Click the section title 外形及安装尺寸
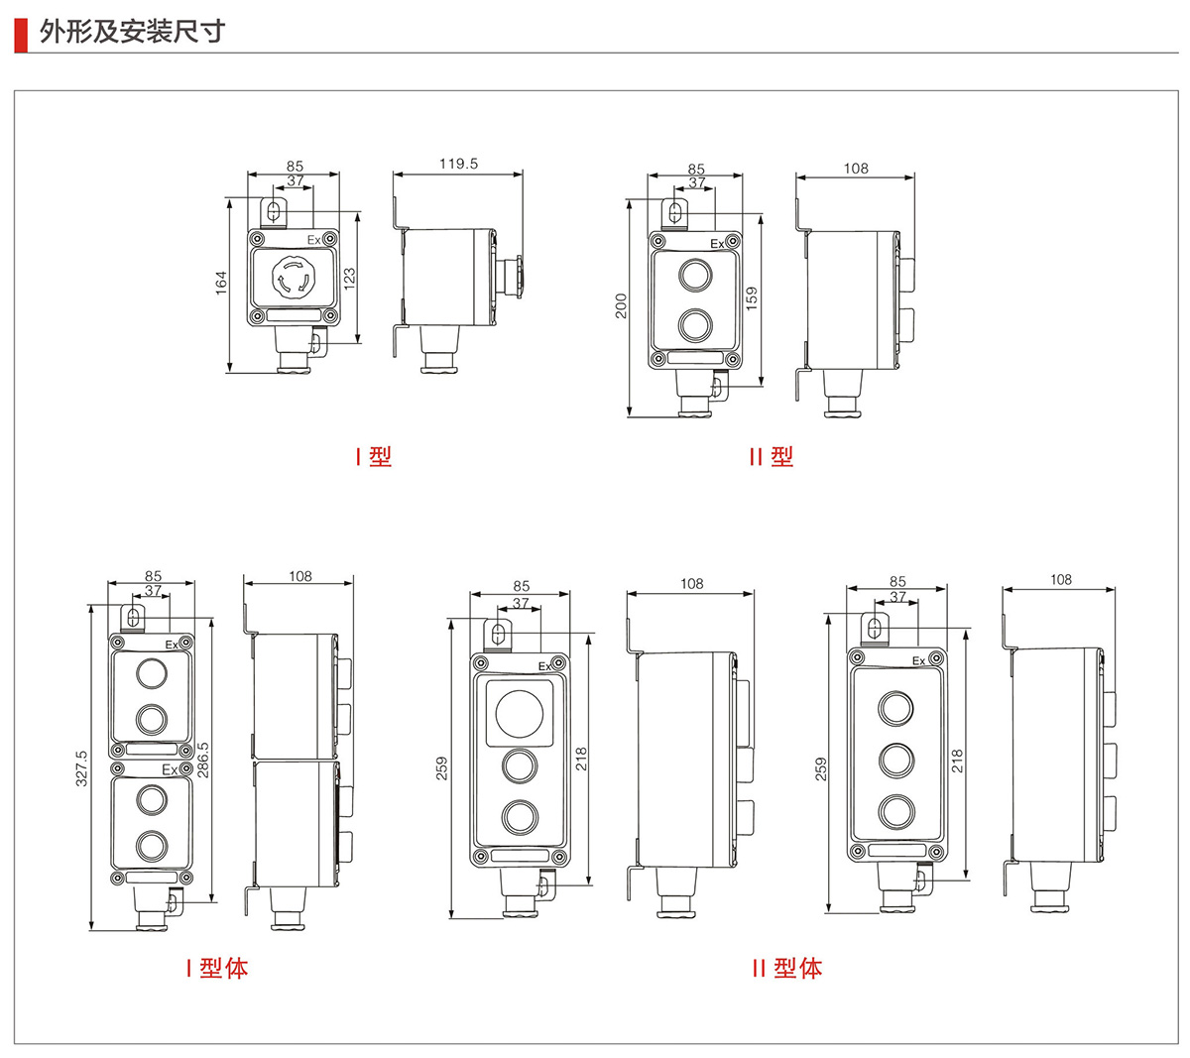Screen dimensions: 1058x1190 pos(133,32)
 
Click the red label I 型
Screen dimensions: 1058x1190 pos(374,457)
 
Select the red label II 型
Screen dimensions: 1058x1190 pos(771,457)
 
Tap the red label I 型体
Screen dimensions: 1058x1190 pos(216,969)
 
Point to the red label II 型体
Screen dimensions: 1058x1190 pos(786,969)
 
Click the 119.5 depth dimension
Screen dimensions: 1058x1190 pos(458,164)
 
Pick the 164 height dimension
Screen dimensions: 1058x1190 pos(221,282)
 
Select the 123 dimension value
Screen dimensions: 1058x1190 pos(349,279)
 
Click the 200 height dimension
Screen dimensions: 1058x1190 pos(620,304)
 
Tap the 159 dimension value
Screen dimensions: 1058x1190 pos(751,298)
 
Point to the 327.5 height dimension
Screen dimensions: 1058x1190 pos(81,768)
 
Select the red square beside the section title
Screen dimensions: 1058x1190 pos(20,33)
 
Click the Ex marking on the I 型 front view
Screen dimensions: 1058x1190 pos(313,240)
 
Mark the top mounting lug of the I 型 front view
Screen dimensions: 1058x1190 pos(275,211)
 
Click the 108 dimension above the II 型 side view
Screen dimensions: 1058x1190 pos(856,169)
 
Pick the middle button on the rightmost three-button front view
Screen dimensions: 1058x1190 pos(895,761)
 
